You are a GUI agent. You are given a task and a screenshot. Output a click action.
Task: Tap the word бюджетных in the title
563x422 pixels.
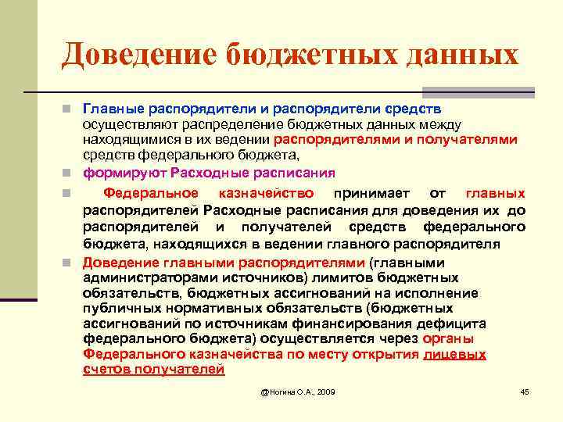point(311,54)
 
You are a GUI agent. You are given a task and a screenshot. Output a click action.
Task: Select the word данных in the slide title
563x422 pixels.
point(460,54)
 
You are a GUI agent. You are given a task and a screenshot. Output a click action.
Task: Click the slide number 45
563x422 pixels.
point(525,391)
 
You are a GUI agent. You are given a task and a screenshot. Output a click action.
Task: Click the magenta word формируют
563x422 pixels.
point(124,173)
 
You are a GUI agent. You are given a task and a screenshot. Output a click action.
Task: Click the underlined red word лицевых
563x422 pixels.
point(454,354)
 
